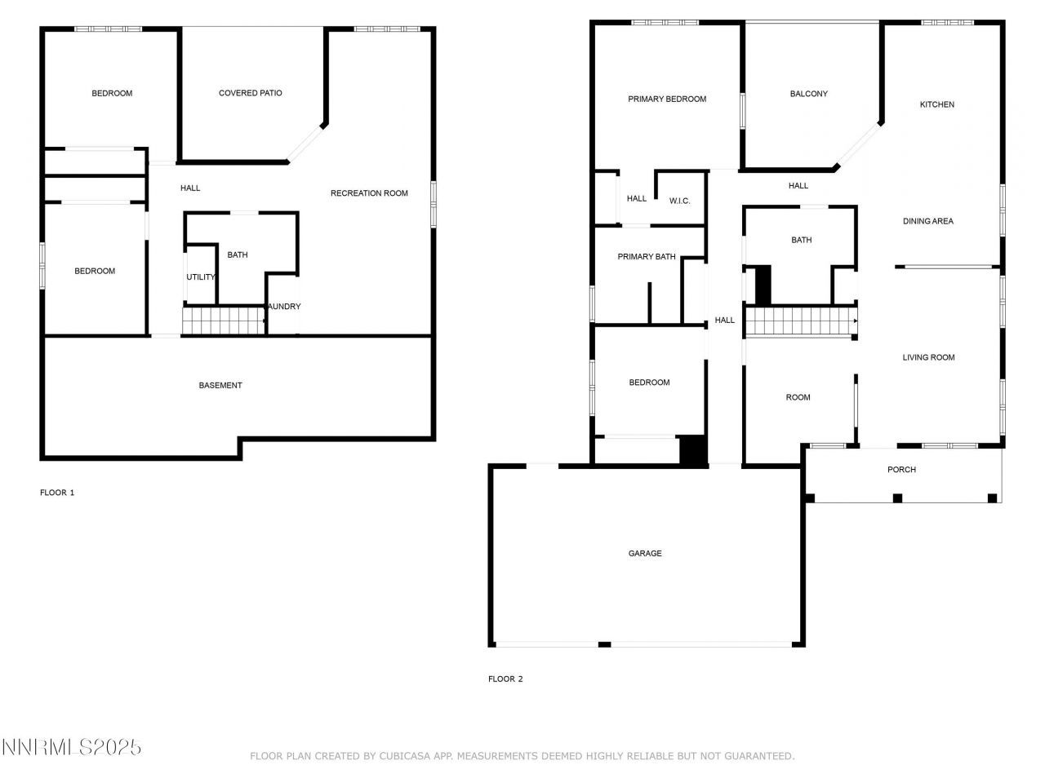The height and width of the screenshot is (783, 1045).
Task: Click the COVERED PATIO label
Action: [x=250, y=93]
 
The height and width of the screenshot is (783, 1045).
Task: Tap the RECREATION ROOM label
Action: [x=369, y=193]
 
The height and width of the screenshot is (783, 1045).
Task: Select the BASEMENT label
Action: [x=220, y=385]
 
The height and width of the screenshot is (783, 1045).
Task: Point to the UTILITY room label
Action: [x=201, y=277]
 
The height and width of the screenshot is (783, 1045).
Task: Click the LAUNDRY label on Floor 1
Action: [x=284, y=307]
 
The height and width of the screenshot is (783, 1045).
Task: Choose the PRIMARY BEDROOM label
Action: [x=667, y=99]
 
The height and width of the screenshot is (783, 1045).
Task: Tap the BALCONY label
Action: [x=808, y=94]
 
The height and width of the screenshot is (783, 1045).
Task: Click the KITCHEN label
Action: [x=936, y=104]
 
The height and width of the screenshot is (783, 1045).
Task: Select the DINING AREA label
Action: [x=927, y=221]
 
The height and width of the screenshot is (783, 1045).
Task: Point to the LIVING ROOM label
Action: [x=928, y=357]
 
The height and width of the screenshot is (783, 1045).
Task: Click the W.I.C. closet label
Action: [x=679, y=201]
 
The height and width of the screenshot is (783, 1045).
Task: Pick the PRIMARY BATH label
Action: [x=647, y=257]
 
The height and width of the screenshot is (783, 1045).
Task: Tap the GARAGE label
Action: [x=645, y=553]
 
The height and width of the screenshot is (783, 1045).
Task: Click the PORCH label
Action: [x=901, y=469]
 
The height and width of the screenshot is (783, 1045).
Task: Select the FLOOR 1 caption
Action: [x=57, y=493]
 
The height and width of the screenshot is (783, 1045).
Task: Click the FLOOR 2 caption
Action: [x=505, y=679]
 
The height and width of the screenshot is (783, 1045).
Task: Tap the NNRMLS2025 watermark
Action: [x=72, y=747]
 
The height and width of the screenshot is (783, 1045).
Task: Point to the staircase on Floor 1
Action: [x=224, y=321]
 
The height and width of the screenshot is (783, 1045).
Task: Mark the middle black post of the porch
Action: [x=897, y=498]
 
